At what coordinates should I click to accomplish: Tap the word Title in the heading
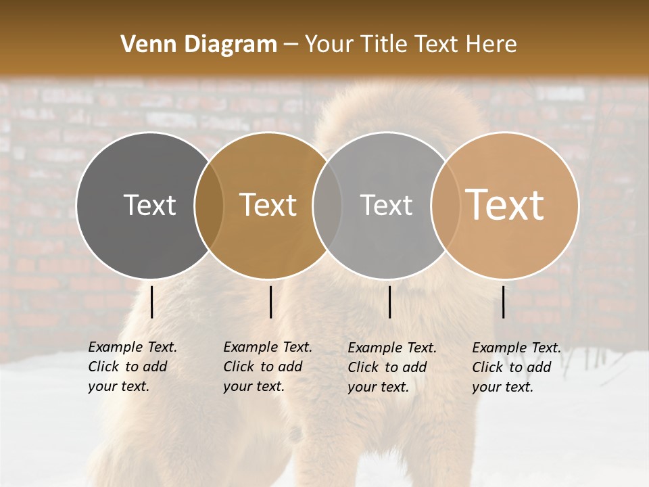coord(385,45)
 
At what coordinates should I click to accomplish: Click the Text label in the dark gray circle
coord(149,205)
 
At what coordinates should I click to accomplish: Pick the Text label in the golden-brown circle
coord(268,205)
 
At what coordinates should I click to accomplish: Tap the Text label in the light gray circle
coord(386,205)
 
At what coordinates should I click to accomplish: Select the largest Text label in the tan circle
coord(505,204)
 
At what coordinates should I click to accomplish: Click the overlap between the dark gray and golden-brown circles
coord(209,205)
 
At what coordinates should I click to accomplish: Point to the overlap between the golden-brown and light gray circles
coord(327,205)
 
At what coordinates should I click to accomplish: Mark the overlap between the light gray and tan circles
coord(445,205)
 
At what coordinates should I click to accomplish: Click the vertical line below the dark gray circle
coord(152,302)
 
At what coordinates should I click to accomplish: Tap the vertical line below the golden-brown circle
coord(270,302)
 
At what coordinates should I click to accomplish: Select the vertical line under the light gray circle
coord(389,302)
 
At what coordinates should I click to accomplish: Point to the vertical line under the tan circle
coord(504,302)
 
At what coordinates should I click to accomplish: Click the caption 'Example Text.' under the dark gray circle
coord(133,347)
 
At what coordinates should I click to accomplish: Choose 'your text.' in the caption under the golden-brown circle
coord(254,386)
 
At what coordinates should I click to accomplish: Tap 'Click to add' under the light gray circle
coord(387,367)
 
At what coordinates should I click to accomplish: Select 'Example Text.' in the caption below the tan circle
coord(516,348)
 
